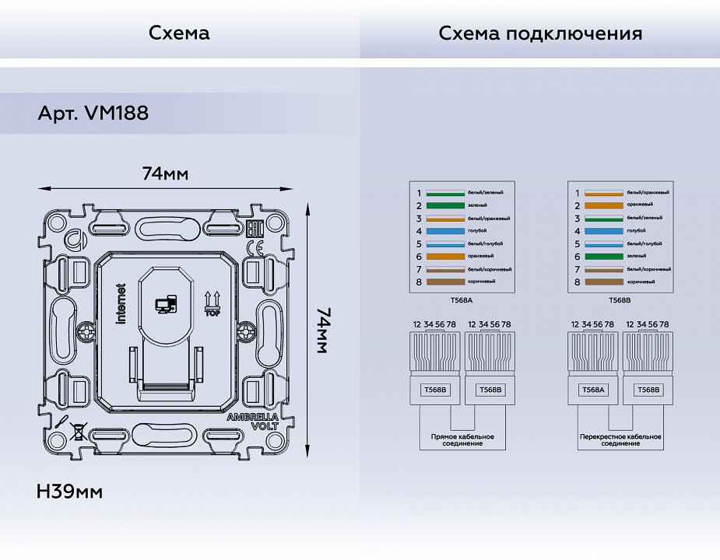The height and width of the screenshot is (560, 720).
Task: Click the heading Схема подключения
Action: [x=540, y=33]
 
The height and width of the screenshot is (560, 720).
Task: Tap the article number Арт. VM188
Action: [x=93, y=114]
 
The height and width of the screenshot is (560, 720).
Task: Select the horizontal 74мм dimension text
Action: [x=165, y=173]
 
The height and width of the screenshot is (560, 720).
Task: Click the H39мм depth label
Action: [x=69, y=492]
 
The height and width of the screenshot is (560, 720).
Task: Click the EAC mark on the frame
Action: [x=253, y=229]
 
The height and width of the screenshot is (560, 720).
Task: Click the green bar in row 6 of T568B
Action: [x=603, y=257]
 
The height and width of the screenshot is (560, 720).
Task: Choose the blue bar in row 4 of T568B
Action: [x=603, y=231]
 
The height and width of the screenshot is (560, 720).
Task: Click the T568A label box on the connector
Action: [x=594, y=390]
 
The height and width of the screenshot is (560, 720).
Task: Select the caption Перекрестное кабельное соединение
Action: [x=620, y=440]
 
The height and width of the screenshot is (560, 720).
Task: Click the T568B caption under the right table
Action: [x=620, y=299]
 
